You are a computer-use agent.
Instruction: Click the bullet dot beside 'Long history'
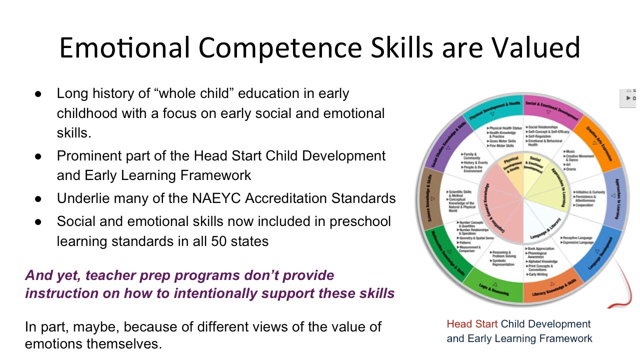point(38,94)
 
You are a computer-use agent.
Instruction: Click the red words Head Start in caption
point(472,324)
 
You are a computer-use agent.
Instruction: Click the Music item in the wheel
point(569,151)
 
